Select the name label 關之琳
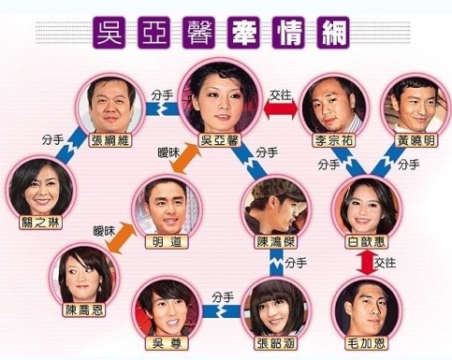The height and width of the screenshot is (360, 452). pos(37,222)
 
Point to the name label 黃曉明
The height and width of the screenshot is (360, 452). pos(414,137)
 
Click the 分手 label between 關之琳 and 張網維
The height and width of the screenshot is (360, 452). pos(53,139)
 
